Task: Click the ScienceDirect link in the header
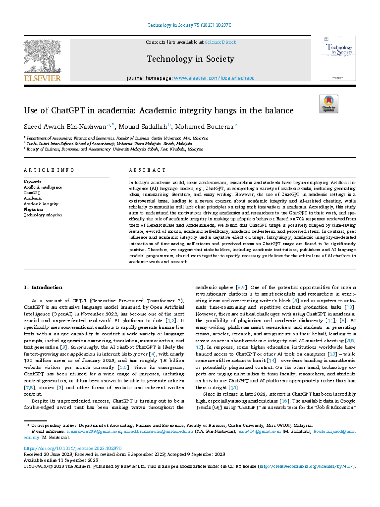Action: tap(220, 42)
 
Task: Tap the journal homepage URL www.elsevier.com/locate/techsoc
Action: tap(214, 78)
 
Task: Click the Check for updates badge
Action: tap(329, 104)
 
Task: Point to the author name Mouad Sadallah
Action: tap(143, 127)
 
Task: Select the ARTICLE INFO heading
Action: tap(49, 170)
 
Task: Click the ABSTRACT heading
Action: tap(147, 170)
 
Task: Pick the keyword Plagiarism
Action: tap(33, 210)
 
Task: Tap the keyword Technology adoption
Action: tap(43, 215)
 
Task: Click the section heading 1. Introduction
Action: tap(43, 287)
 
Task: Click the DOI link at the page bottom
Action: tap(73, 448)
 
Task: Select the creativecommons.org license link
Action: tap(306, 466)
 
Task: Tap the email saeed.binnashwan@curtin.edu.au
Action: tap(158, 432)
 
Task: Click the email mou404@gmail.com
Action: tap(259, 432)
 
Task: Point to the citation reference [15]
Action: tap(234, 387)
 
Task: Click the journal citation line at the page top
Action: tap(189, 25)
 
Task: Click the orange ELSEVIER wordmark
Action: tap(42, 78)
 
